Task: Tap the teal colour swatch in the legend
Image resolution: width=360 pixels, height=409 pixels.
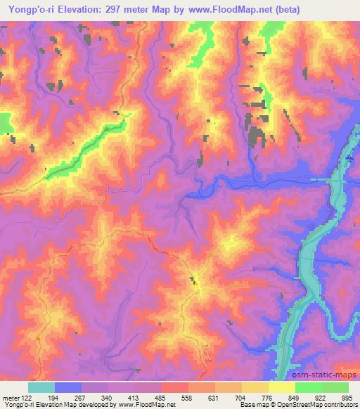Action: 41,387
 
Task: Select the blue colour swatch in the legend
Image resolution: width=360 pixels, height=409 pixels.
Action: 68,387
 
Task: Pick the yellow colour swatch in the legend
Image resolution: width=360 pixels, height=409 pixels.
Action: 281,387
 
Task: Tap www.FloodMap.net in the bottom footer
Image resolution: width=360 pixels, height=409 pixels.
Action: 144,405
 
